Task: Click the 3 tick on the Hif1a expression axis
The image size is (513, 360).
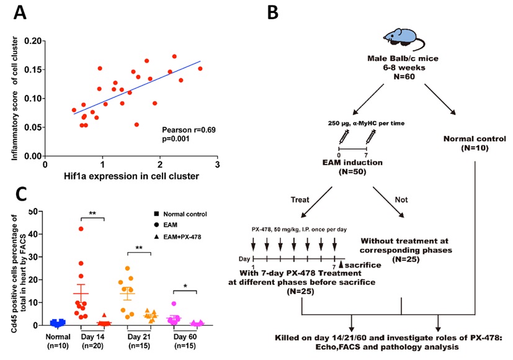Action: coord(217,166)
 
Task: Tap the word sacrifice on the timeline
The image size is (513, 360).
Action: coord(360,264)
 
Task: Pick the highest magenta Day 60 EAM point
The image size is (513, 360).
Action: coord(175,304)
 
